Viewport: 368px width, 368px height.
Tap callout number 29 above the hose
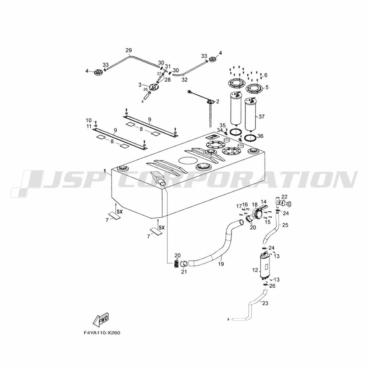coord(128,50)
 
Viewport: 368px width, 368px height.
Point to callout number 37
coord(261,116)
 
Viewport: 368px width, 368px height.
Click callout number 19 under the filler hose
coord(221,264)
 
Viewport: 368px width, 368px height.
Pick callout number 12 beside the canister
coord(255,270)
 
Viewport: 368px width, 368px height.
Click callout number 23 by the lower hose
coord(265,304)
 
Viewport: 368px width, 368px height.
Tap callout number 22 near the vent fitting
coord(284,197)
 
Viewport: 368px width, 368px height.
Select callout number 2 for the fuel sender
coord(217,102)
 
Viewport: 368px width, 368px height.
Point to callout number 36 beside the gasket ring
coord(260,136)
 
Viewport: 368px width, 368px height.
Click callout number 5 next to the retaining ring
coord(267,87)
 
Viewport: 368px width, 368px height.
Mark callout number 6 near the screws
coord(266,75)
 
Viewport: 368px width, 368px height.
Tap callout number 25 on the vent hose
coord(285,225)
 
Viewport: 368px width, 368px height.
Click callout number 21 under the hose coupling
coord(184,272)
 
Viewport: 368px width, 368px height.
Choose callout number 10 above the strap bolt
coord(88,120)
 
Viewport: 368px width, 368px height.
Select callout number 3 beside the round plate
coord(140,84)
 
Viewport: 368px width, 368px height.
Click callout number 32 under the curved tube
coord(184,80)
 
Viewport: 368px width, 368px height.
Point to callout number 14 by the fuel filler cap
coord(263,202)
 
